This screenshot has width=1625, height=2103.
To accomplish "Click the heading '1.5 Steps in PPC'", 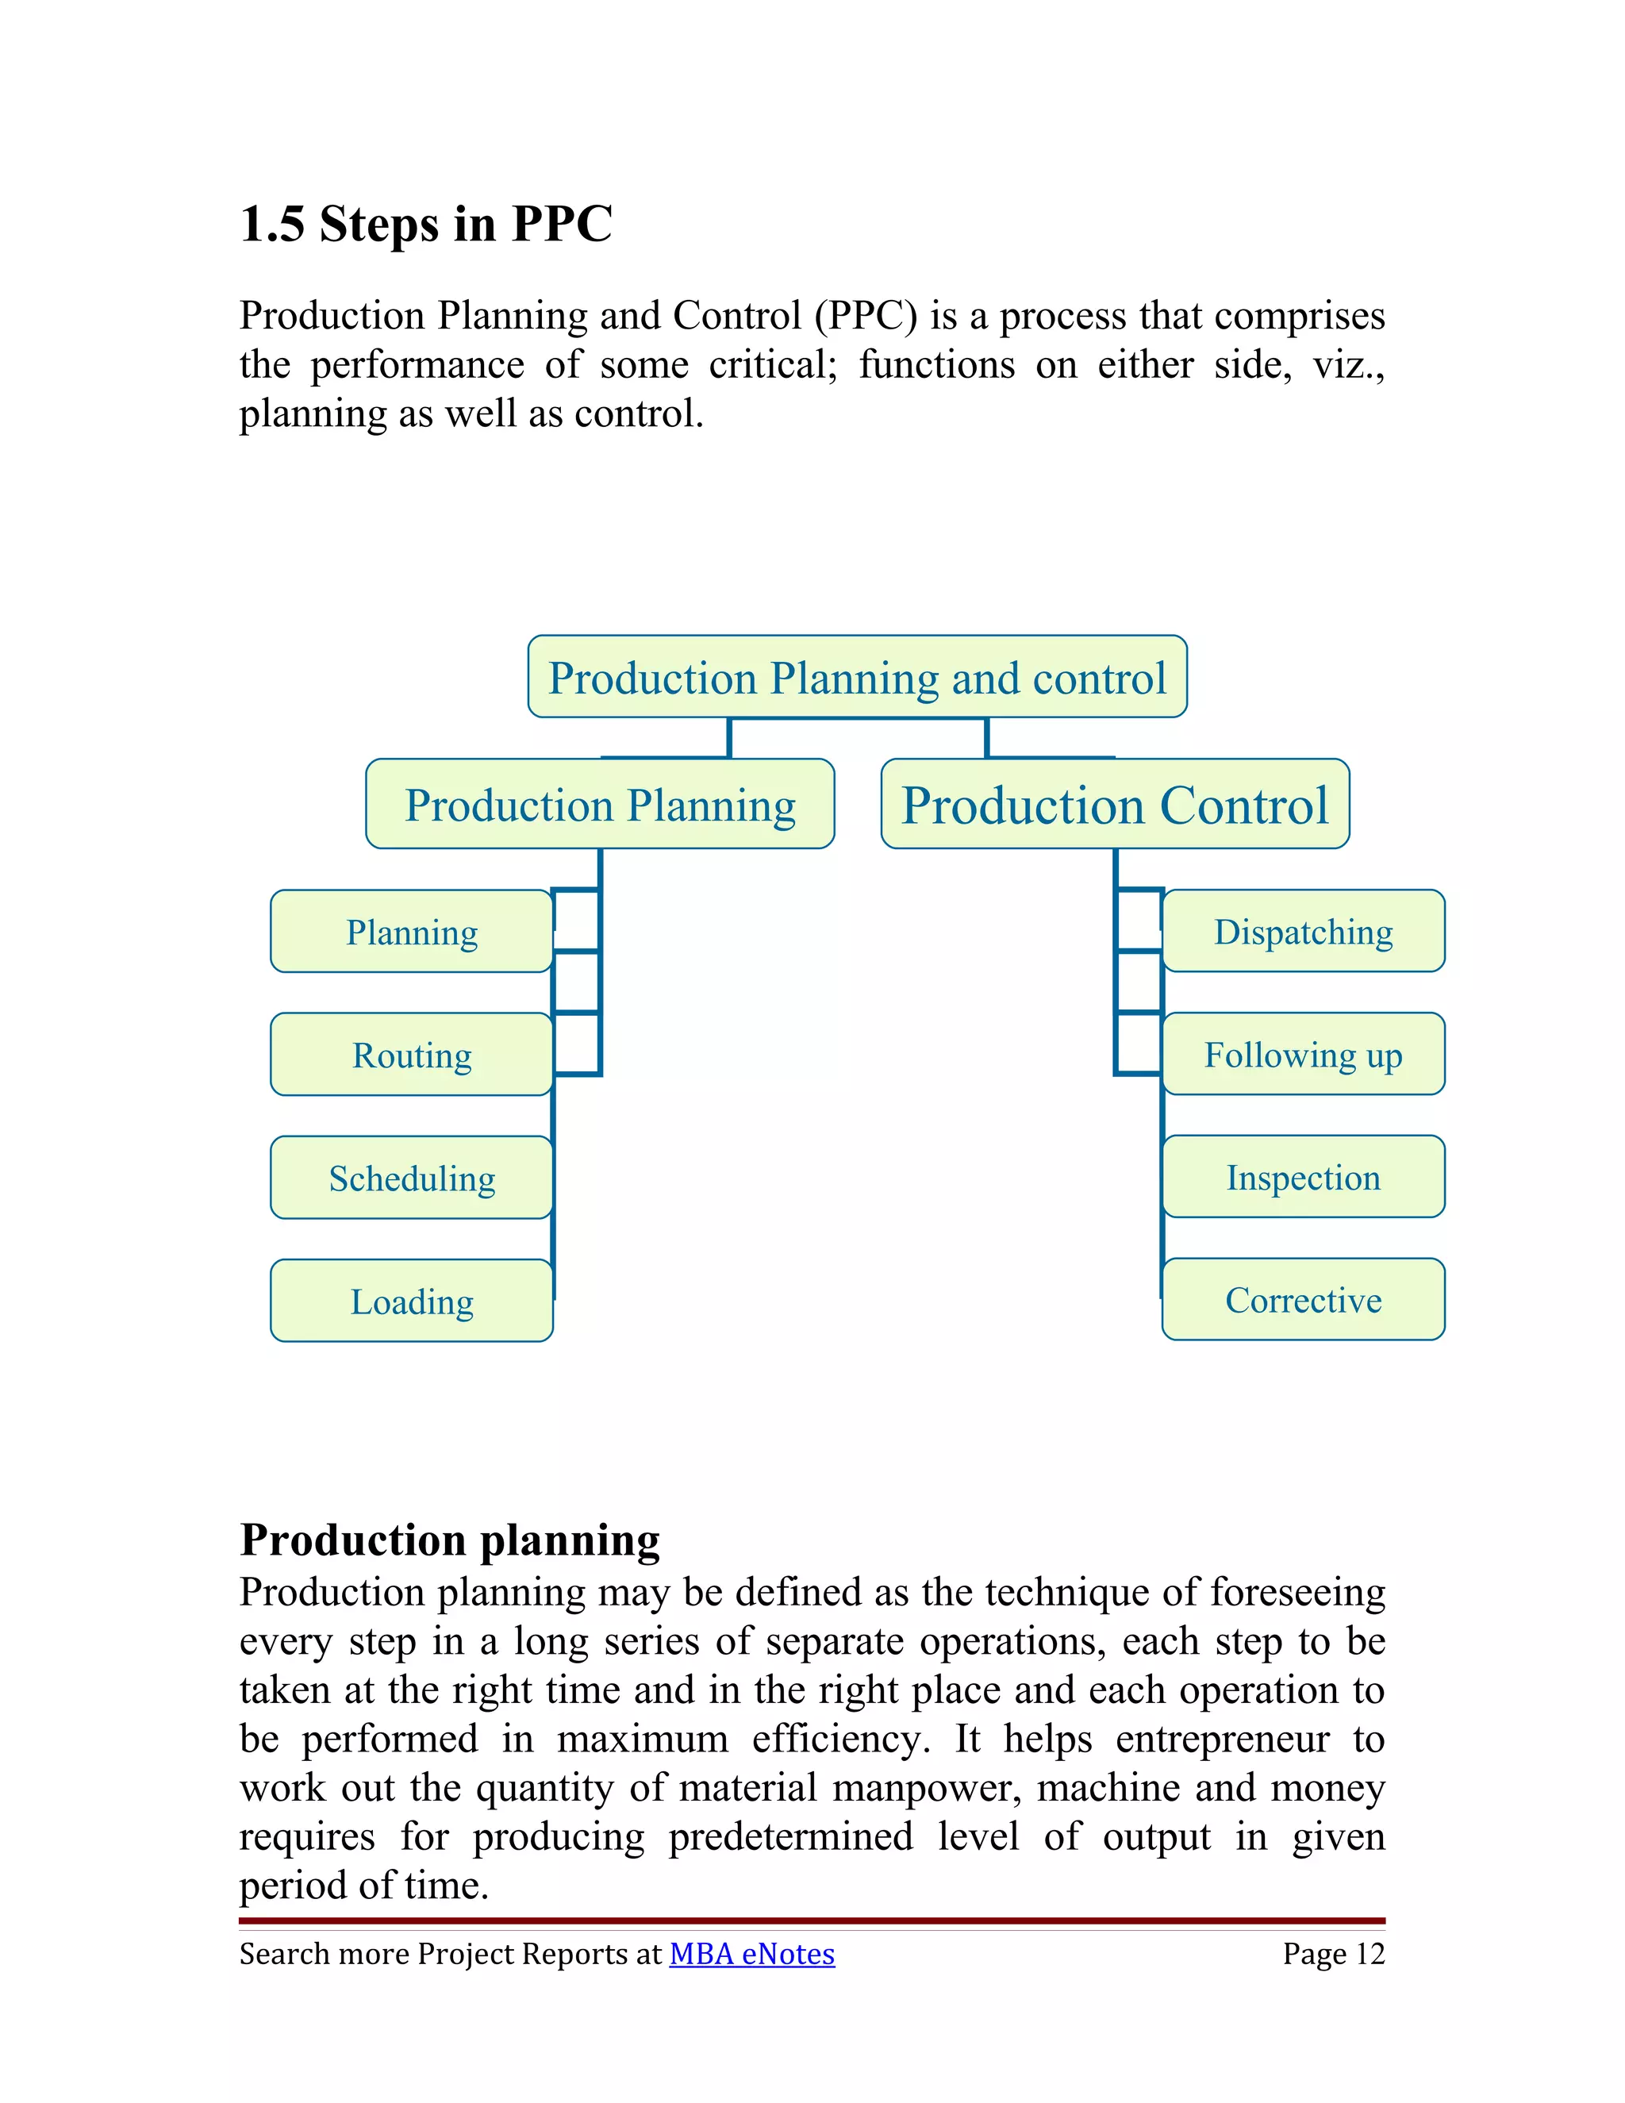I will (x=425, y=225).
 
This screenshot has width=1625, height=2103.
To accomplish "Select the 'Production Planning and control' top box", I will (x=857, y=677).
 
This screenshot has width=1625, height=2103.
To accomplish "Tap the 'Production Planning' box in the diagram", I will (x=600, y=805).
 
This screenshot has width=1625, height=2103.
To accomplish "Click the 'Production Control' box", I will (x=1115, y=805).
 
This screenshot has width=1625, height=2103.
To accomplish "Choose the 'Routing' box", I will (x=412, y=1055).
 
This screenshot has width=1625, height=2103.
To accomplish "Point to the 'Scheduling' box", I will (x=412, y=1178).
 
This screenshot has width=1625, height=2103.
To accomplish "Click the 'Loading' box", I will (x=412, y=1301).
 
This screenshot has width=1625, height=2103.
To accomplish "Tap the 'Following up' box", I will (x=1304, y=1055).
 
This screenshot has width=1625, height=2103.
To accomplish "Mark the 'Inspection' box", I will (x=1304, y=1178).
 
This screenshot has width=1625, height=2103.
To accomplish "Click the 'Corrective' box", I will (x=1304, y=1301).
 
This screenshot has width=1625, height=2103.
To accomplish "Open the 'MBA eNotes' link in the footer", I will (x=752, y=1954).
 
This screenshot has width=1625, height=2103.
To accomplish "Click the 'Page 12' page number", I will (x=1333, y=1954).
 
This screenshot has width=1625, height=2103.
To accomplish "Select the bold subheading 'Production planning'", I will (x=450, y=1539).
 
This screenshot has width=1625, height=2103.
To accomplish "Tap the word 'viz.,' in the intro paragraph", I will (x=1349, y=365).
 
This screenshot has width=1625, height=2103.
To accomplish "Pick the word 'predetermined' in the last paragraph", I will (x=790, y=1837).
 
